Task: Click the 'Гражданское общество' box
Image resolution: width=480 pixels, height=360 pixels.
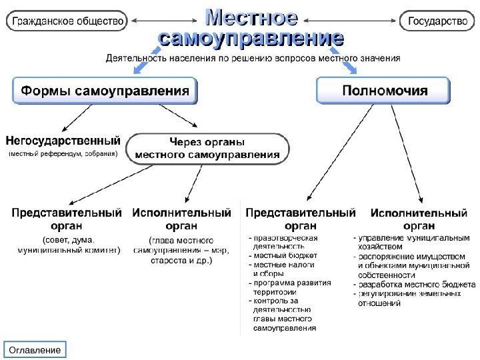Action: [67, 22]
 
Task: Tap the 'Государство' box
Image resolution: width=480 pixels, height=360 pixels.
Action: [437, 22]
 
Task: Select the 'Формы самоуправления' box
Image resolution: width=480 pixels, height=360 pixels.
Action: [105, 90]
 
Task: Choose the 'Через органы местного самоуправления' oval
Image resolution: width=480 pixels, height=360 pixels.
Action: [207, 149]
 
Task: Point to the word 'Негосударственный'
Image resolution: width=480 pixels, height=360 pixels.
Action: [63, 141]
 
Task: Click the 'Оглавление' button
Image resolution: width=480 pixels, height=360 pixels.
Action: [36, 350]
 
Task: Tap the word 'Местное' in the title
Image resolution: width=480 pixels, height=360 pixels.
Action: [251, 15]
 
